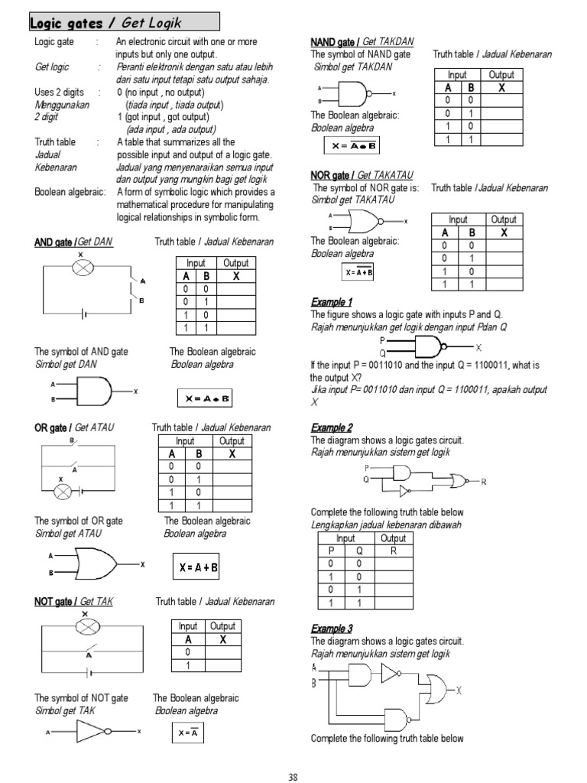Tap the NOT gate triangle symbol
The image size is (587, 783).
click(96, 732)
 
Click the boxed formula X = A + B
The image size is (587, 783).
click(198, 567)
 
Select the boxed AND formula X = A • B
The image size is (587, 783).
click(204, 398)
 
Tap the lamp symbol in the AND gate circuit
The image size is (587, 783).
click(81, 267)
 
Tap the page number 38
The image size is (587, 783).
click(292, 776)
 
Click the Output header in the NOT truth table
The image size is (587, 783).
click(222, 626)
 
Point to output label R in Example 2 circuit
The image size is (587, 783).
click(483, 481)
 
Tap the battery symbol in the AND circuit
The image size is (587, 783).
click(86, 313)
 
